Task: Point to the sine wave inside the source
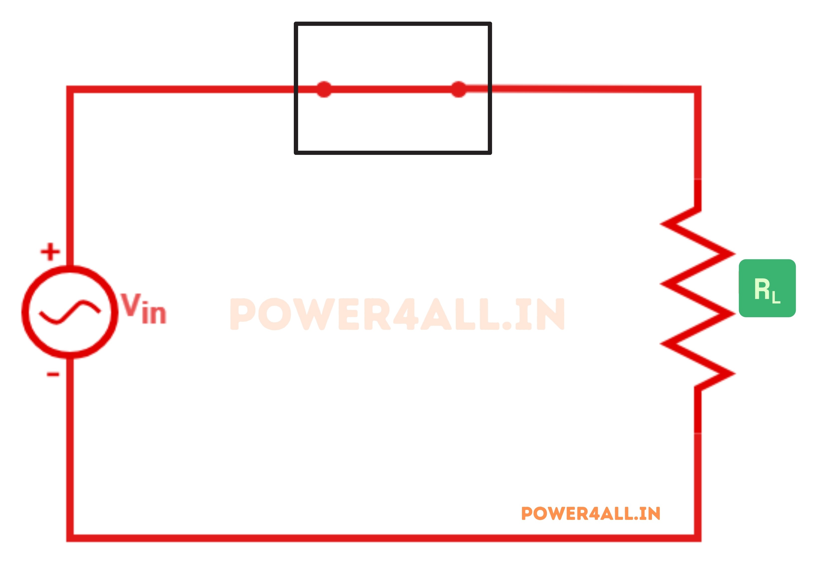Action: click(x=70, y=312)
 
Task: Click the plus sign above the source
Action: click(x=50, y=251)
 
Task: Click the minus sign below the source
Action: click(x=53, y=374)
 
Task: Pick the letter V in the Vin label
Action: click(x=131, y=304)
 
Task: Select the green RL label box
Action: click(x=767, y=288)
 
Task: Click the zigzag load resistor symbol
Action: click(x=697, y=298)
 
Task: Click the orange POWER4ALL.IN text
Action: click(x=590, y=513)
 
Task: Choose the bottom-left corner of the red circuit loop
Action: click(x=70, y=538)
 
